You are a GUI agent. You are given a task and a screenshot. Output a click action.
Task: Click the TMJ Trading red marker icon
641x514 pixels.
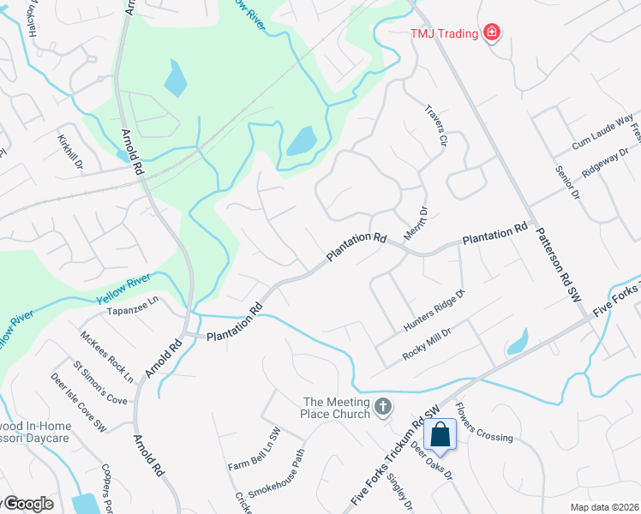[492, 33]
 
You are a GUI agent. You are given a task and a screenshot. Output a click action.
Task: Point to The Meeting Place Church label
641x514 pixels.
[337, 408]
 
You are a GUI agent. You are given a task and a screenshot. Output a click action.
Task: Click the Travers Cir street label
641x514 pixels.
[437, 125]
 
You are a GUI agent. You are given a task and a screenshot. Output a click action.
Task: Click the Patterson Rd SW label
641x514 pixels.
[558, 266]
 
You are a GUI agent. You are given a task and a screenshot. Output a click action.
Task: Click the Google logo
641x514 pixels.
[27, 504]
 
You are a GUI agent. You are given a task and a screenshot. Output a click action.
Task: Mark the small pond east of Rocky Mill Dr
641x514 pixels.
[518, 344]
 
